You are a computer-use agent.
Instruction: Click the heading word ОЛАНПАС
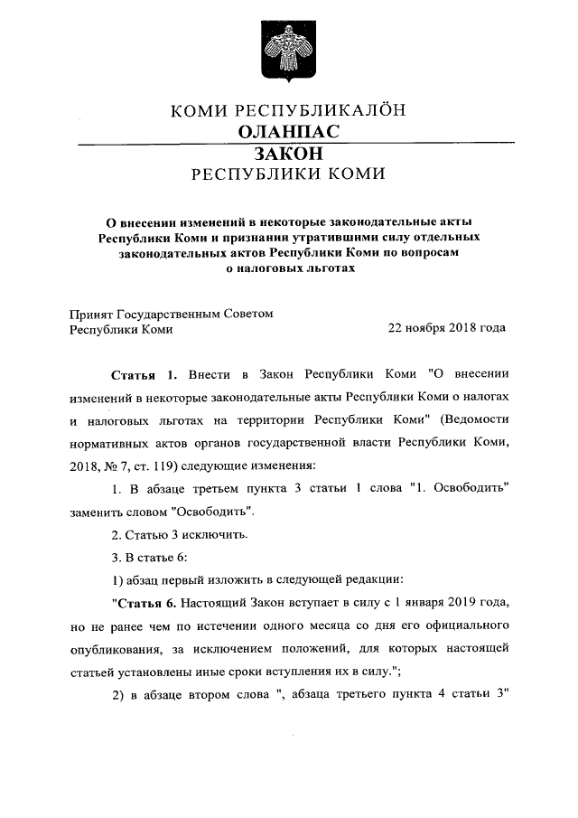click(288, 132)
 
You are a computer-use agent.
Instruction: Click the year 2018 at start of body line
click(86, 466)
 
